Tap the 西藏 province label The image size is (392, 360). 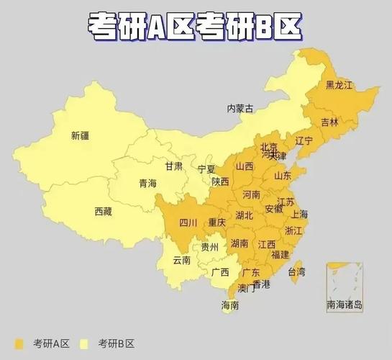click(103, 211)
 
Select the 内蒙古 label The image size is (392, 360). click(240, 109)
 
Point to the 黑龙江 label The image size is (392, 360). click(339, 85)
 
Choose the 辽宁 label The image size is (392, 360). click(304, 141)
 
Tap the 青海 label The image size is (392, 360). click(147, 183)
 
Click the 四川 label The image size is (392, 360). click(188, 222)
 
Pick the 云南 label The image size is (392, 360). click(181, 260)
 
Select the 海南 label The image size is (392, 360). click(230, 305)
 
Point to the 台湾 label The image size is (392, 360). click(296, 271)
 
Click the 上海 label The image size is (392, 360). click(299, 215)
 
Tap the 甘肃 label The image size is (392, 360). click(173, 166)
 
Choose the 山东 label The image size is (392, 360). click(282, 175)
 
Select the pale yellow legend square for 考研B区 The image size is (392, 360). click(84, 343)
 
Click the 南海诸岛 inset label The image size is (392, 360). click(345, 305)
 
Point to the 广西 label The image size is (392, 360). click(220, 272)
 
